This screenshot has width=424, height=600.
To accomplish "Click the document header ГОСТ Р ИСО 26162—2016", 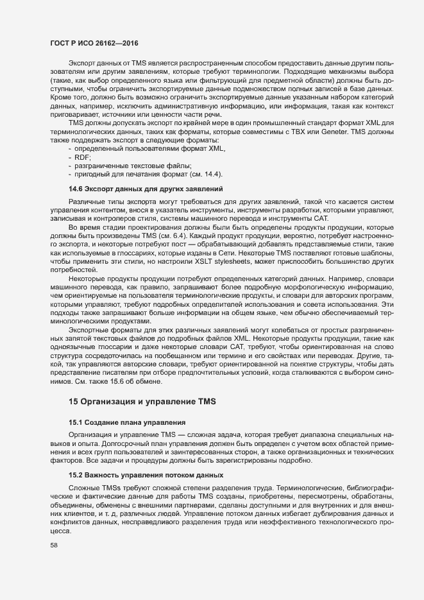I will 94,42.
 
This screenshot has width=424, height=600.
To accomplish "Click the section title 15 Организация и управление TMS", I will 142,402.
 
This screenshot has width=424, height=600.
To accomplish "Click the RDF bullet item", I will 83,157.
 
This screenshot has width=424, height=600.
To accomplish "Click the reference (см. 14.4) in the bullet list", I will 208,174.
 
